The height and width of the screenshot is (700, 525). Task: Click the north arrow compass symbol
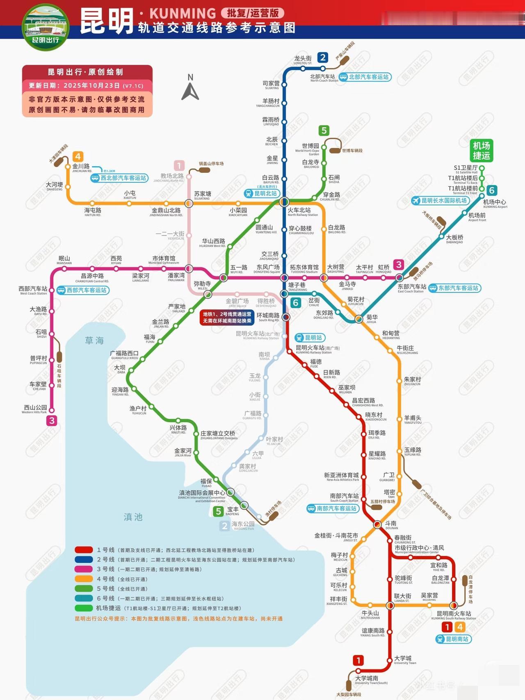coord(190,88)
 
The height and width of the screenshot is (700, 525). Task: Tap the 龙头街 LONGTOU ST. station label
coord(303,60)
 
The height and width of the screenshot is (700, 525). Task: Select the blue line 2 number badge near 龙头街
coord(323,57)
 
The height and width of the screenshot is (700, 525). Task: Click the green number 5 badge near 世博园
coord(324,130)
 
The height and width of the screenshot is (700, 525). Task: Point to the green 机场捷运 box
coord(481,151)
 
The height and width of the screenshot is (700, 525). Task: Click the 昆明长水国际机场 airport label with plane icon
coord(440,201)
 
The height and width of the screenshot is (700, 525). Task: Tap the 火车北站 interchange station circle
coord(284,202)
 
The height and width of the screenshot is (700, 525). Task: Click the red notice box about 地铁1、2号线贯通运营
coord(227,317)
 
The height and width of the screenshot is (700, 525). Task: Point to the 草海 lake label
coord(94,341)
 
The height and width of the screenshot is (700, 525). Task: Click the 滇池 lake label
coord(133,517)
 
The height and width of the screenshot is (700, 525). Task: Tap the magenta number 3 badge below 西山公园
coord(52,421)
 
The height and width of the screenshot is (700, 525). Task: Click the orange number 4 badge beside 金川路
coord(78,156)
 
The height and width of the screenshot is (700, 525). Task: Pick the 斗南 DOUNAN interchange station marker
coord(378,524)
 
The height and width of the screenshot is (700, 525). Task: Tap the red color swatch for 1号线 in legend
coord(84,550)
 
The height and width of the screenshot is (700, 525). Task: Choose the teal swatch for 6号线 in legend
coord(84,599)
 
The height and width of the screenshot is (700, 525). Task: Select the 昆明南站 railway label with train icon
coord(453,639)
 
